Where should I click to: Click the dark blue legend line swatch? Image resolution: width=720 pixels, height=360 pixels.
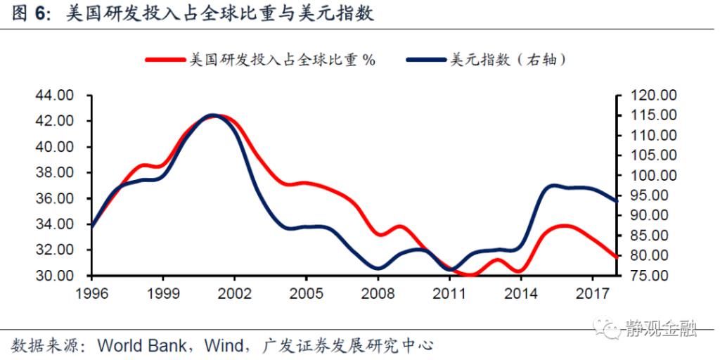[x=426, y=60]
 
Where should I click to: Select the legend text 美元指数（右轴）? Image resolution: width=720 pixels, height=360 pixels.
[x=508, y=60]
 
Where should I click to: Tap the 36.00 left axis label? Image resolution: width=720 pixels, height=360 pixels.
[x=54, y=199]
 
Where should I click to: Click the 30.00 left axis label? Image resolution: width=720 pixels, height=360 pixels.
[x=54, y=276]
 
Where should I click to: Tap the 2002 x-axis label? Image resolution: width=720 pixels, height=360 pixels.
[x=233, y=292]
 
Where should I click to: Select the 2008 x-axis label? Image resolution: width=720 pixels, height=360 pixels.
[x=377, y=292]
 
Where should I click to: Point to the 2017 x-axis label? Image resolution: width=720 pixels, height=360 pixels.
[x=592, y=292]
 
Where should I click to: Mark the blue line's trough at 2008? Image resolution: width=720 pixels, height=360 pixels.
[x=378, y=269]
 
